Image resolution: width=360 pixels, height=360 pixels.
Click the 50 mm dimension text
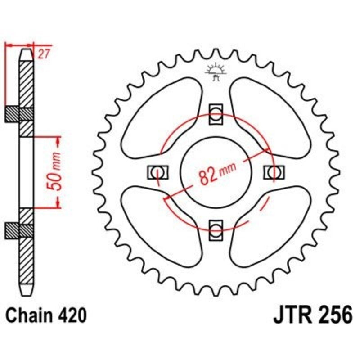click(x=58, y=173)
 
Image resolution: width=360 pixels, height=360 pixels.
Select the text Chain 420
click(x=46, y=315)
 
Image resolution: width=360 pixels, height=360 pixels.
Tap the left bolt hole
click(x=157, y=171)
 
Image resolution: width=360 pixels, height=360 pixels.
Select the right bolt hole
click(x=274, y=171)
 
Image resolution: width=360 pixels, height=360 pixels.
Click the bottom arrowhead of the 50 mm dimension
click(x=58, y=204)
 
